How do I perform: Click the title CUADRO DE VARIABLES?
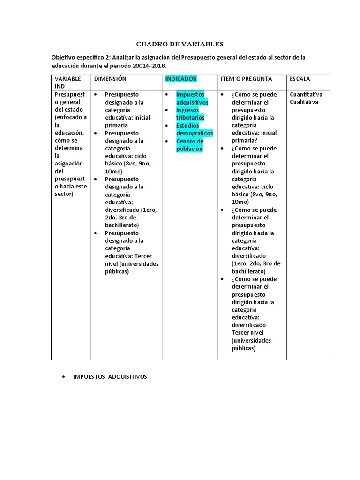click(180, 44)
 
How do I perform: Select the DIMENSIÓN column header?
click(110, 79)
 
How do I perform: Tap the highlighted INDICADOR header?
click(181, 79)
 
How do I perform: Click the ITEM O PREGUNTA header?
click(246, 79)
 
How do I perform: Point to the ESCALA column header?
click(300, 79)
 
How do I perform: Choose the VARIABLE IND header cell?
click(68, 82)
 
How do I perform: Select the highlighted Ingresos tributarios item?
click(190, 114)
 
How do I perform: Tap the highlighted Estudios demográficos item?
click(194, 129)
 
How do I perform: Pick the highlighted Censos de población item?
click(190, 145)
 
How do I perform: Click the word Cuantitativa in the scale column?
click(306, 94)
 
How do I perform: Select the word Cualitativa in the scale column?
click(304, 102)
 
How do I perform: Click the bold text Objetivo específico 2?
click(81, 58)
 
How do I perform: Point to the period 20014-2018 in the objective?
click(150, 66)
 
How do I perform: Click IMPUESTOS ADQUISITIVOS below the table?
click(110, 377)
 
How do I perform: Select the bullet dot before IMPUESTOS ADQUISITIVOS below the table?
click(63, 377)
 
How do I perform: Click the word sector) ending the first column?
click(64, 194)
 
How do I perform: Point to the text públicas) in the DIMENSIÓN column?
click(117, 271)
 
